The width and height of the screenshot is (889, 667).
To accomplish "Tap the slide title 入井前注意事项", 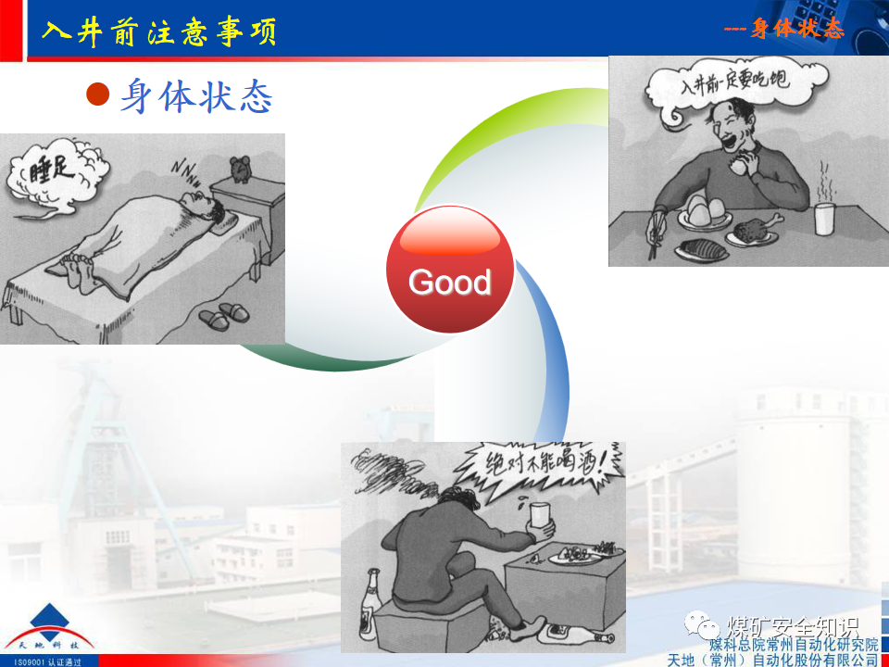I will click(x=158, y=32).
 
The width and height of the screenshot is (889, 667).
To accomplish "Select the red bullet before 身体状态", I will click(x=98, y=94).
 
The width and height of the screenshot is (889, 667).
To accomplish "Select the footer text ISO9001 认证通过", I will click(x=42, y=661).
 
